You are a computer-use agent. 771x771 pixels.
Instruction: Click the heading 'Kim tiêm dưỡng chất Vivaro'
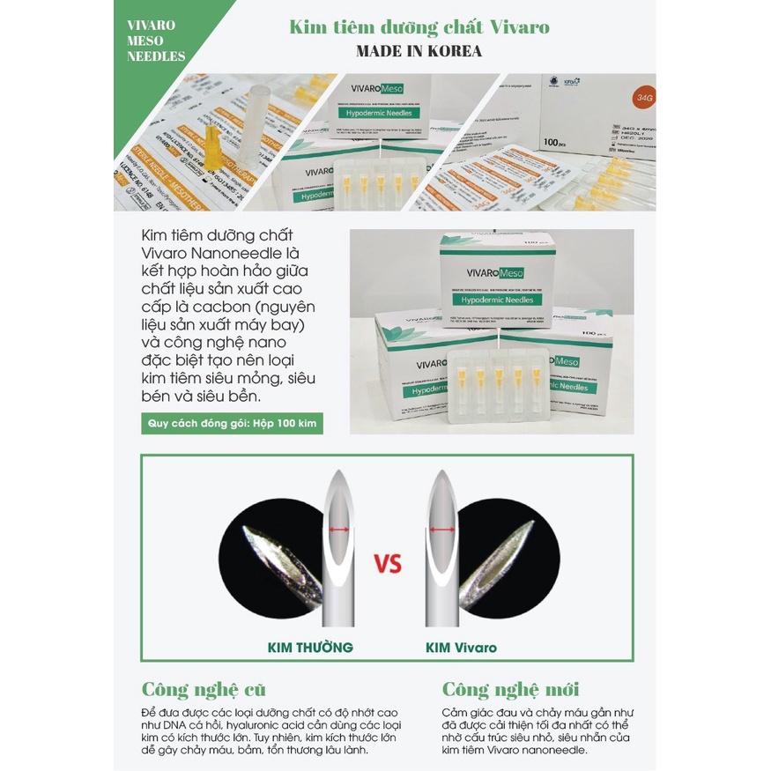(x=419, y=26)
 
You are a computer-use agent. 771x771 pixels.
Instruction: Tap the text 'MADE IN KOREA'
(x=419, y=51)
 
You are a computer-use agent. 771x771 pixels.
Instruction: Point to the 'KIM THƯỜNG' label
(x=310, y=648)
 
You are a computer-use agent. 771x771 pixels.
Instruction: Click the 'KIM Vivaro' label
(x=461, y=648)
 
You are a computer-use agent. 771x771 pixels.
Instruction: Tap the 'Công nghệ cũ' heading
(x=204, y=689)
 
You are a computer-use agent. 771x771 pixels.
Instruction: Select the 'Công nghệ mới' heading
(x=510, y=689)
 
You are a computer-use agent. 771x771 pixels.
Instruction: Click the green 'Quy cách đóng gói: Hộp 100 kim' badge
(x=232, y=424)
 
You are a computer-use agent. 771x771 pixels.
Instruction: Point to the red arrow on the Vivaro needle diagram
(x=442, y=530)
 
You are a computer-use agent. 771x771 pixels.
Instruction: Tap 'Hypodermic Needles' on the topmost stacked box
(x=495, y=300)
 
